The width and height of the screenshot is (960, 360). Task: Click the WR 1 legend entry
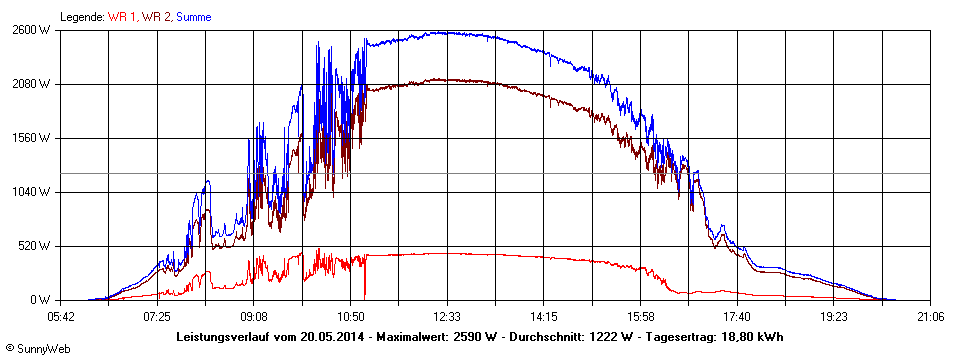[123, 17]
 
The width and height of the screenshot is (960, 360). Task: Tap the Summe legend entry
[194, 17]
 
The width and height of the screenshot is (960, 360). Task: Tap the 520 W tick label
[38, 246]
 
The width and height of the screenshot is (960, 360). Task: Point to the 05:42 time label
[61, 317]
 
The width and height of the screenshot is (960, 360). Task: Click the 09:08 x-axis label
[254, 317]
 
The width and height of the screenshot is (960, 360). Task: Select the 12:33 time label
[447, 317]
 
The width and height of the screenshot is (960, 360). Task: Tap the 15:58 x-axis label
[641, 317]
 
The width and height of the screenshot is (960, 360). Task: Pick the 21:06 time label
[930, 317]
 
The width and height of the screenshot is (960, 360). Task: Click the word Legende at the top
[81, 17]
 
